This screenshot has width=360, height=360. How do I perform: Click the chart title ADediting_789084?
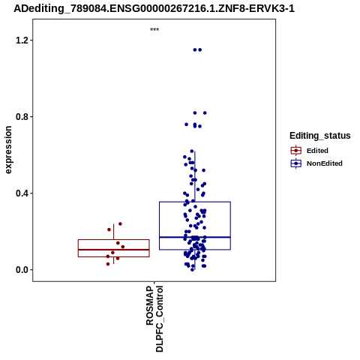click(154, 8)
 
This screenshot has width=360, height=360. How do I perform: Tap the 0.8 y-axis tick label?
click(22, 116)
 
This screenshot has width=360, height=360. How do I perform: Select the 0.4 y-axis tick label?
click(22, 193)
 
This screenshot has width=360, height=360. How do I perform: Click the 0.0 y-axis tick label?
click(22, 270)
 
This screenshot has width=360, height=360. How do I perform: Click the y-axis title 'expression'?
click(8, 150)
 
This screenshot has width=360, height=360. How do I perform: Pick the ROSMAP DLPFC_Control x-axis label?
click(154, 319)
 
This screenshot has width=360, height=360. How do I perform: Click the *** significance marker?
click(154, 29)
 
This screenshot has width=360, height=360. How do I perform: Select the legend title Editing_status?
click(320, 136)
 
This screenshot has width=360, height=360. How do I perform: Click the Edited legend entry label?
click(317, 151)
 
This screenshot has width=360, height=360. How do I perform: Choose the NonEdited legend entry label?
click(325, 163)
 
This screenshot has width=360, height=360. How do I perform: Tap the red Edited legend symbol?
click(296, 151)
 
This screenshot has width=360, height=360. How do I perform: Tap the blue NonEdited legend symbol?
click(296, 163)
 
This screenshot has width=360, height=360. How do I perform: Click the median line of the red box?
click(114, 250)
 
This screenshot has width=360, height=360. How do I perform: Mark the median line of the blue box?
click(195, 237)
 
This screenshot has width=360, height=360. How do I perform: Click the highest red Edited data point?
click(120, 223)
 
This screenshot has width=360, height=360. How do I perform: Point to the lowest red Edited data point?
click(108, 264)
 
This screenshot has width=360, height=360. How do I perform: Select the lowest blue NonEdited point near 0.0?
click(192, 270)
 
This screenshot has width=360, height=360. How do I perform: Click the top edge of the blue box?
click(195, 202)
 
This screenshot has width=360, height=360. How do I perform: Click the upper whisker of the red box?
click(114, 232)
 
